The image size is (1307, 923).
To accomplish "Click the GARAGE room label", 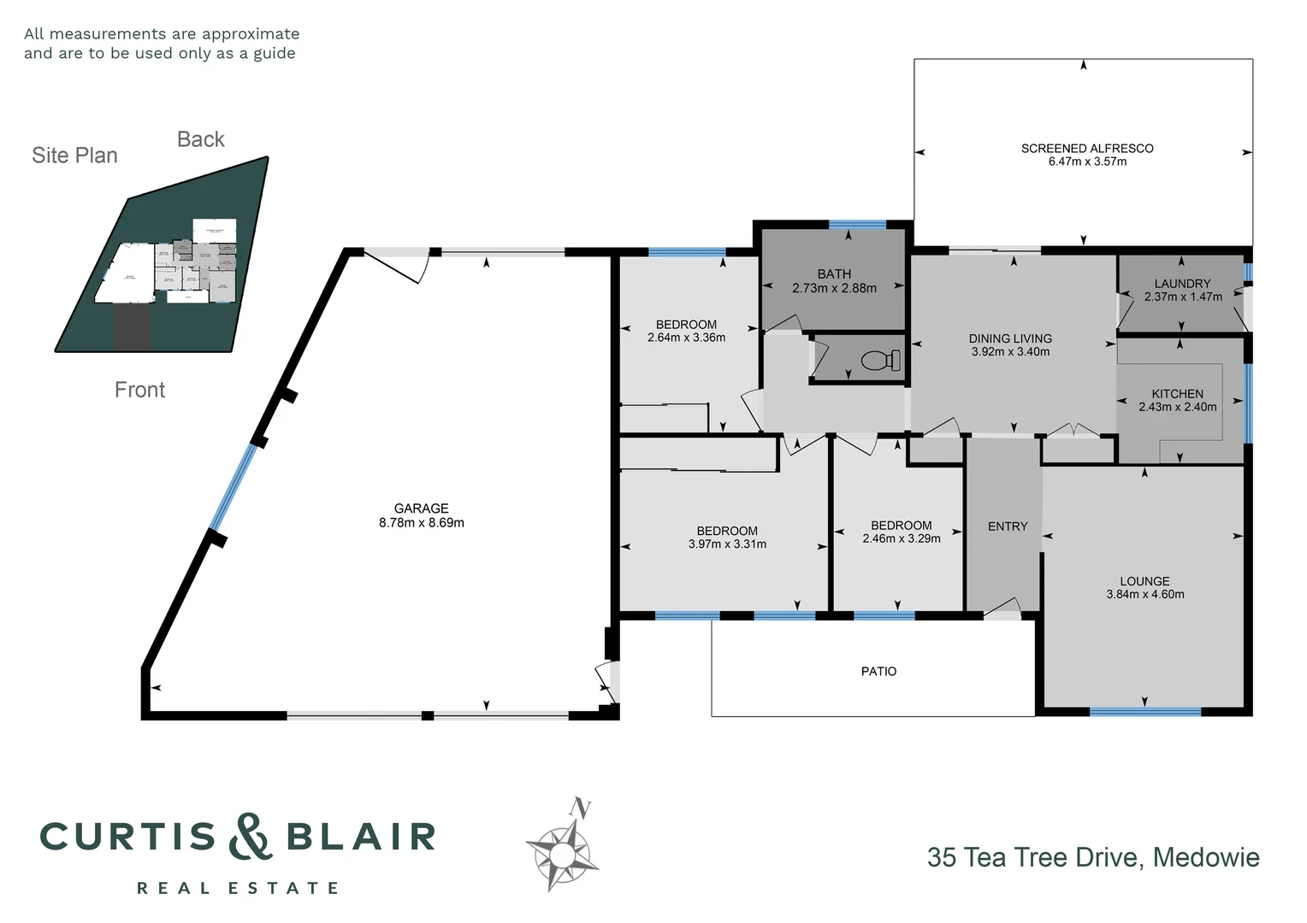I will pyautogui.click(x=421, y=509).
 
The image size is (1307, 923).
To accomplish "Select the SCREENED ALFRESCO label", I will pyautogui.click(x=1086, y=149).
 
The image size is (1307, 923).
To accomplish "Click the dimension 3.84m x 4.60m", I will pyautogui.click(x=1144, y=595).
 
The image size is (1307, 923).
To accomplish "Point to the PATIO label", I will pyautogui.click(x=878, y=672).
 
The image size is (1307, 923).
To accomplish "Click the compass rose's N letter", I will pyautogui.click(x=582, y=808).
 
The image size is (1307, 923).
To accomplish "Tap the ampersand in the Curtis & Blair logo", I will pyautogui.click(x=251, y=837).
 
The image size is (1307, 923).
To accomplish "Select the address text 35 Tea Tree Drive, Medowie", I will pyautogui.click(x=1092, y=857).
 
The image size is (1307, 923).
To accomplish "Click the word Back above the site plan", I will pyautogui.click(x=200, y=139).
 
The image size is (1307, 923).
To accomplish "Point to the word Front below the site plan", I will pyautogui.click(x=139, y=390).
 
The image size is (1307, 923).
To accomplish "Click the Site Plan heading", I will pyautogui.click(x=74, y=156).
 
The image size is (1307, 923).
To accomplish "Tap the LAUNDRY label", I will pyautogui.click(x=1182, y=284).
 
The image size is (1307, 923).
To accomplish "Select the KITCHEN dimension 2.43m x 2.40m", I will pyautogui.click(x=1177, y=408).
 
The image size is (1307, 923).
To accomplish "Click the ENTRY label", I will pyautogui.click(x=1007, y=526).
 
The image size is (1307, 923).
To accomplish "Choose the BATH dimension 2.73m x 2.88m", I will pyautogui.click(x=834, y=289).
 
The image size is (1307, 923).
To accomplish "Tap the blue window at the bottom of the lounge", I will pyautogui.click(x=1144, y=711).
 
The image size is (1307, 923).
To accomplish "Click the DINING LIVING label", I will pyautogui.click(x=1010, y=338).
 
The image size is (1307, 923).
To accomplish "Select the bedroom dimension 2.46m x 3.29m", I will pyautogui.click(x=901, y=539).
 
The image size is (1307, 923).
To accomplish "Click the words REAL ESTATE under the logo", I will pyautogui.click(x=238, y=889).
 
